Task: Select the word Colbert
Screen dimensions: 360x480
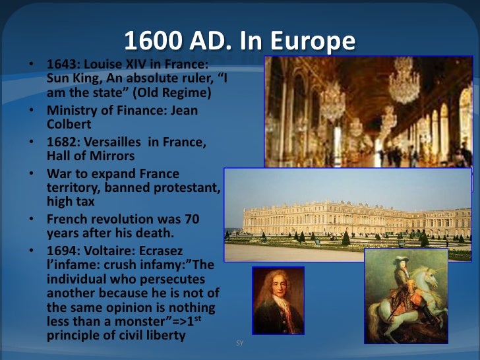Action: pos(67,124)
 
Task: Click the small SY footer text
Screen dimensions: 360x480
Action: pos(239,344)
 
